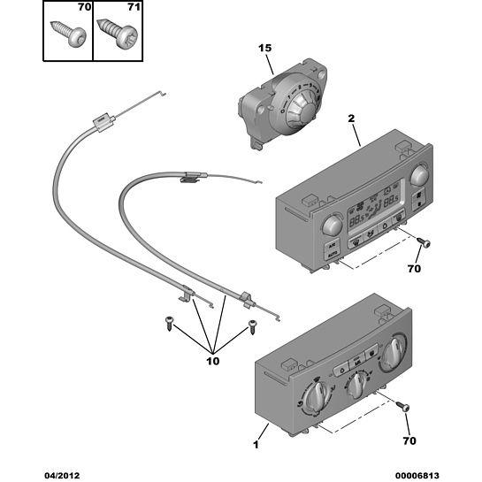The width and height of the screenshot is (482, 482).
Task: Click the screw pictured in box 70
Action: [x=69, y=34]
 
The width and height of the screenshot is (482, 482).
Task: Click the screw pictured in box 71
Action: [x=117, y=34]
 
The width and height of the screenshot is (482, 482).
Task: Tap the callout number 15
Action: [x=264, y=48]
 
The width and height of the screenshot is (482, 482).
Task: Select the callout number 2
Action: [x=351, y=119]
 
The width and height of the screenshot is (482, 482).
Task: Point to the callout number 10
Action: [x=213, y=361]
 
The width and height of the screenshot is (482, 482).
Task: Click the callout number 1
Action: [x=256, y=445]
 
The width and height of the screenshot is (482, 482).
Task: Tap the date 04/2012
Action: [x=62, y=476]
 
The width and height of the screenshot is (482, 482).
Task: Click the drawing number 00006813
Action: [x=417, y=476]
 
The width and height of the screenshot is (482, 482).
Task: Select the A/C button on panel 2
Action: [x=332, y=246]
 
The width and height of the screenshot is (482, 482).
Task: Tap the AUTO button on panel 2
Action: [x=332, y=255]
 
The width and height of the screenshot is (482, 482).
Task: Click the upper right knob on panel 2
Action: [x=419, y=175]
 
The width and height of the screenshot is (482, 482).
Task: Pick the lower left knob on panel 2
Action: [x=333, y=225]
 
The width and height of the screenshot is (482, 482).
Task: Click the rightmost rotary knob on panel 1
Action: [x=394, y=351]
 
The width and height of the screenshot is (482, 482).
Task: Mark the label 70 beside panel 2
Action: [x=414, y=269]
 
